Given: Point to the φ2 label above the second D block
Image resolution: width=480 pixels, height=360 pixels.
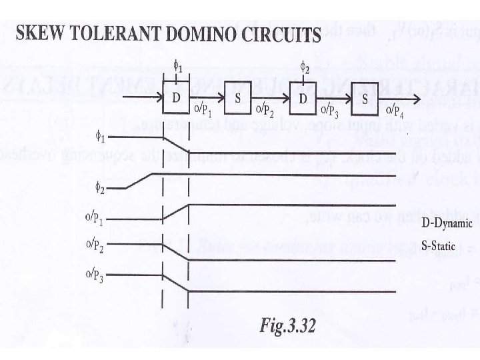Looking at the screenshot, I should pos(303,67).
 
